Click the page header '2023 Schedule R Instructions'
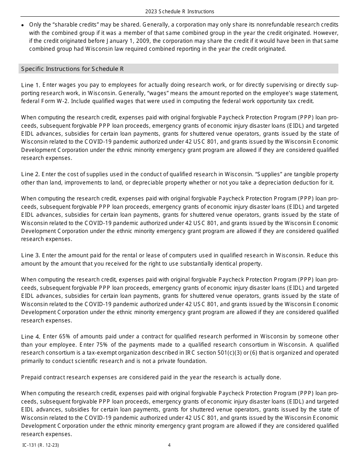(x=180, y=11)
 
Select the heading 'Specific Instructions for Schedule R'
(x=72, y=69)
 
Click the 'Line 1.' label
(x=30, y=85)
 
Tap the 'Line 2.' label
(x=30, y=174)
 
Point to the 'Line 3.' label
(x=30, y=255)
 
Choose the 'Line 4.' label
(x=30, y=336)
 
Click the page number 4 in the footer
(x=169, y=445)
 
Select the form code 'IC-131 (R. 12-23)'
(x=41, y=445)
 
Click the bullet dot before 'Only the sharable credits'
(x=23, y=25)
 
